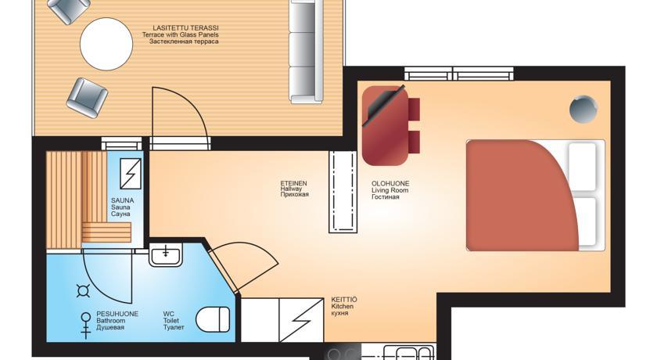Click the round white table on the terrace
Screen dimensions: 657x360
[x=106, y=44]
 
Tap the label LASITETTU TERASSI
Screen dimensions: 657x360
[x=185, y=28]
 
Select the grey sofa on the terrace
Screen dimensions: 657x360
[x=307, y=52]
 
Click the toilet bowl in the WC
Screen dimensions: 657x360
[x=213, y=319]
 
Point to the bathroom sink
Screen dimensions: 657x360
[x=166, y=254]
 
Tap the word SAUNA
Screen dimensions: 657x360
[x=122, y=200]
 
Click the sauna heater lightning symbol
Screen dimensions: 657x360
[x=131, y=174]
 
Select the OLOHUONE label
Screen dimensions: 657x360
[x=390, y=184]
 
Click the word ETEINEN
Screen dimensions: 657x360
[x=293, y=183]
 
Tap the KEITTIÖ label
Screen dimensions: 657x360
[x=344, y=300]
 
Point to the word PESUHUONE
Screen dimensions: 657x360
[x=117, y=314]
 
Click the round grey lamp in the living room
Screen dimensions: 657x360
[x=583, y=109]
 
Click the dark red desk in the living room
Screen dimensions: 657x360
[x=385, y=126]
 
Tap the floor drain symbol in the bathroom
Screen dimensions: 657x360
[x=84, y=290]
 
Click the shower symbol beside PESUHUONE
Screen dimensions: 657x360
[x=86, y=326]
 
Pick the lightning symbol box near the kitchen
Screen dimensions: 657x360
[x=301, y=320]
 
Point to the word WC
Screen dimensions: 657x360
[x=169, y=314]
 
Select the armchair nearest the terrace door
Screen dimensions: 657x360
[x=87, y=98]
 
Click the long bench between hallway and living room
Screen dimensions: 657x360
[x=343, y=192]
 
